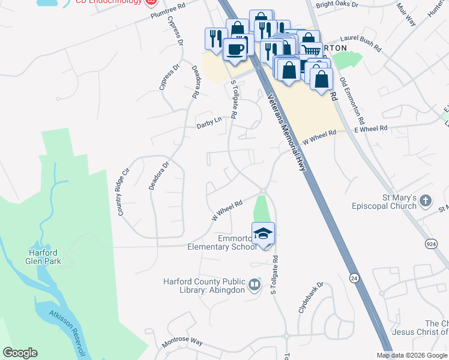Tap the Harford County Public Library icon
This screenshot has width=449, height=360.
pos(255,284)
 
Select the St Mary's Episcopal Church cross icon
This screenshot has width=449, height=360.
pos(426,200)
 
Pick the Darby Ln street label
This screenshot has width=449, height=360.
pos(209,122)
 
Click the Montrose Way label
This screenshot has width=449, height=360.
pos(182,344)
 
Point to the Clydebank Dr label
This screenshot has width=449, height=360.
pos(311,298)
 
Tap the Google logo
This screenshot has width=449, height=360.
pos(20,353)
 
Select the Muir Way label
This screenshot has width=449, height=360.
pos(406,14)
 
